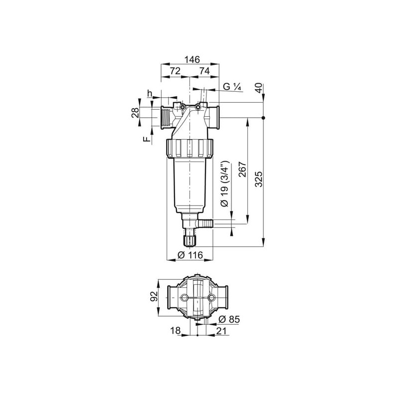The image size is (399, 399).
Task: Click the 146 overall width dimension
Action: (x=192, y=59)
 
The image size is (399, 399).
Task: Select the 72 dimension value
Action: (x=175, y=71)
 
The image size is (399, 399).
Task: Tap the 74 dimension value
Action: (x=204, y=71)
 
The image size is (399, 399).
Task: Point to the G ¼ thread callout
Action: (x=232, y=86)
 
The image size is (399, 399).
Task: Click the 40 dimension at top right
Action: (x=258, y=88)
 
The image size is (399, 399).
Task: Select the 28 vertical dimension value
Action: (x=135, y=112)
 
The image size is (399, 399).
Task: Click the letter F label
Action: (x=146, y=139)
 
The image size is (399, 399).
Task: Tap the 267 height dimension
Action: (x=243, y=170)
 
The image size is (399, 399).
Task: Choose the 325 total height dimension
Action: (x=258, y=179)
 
